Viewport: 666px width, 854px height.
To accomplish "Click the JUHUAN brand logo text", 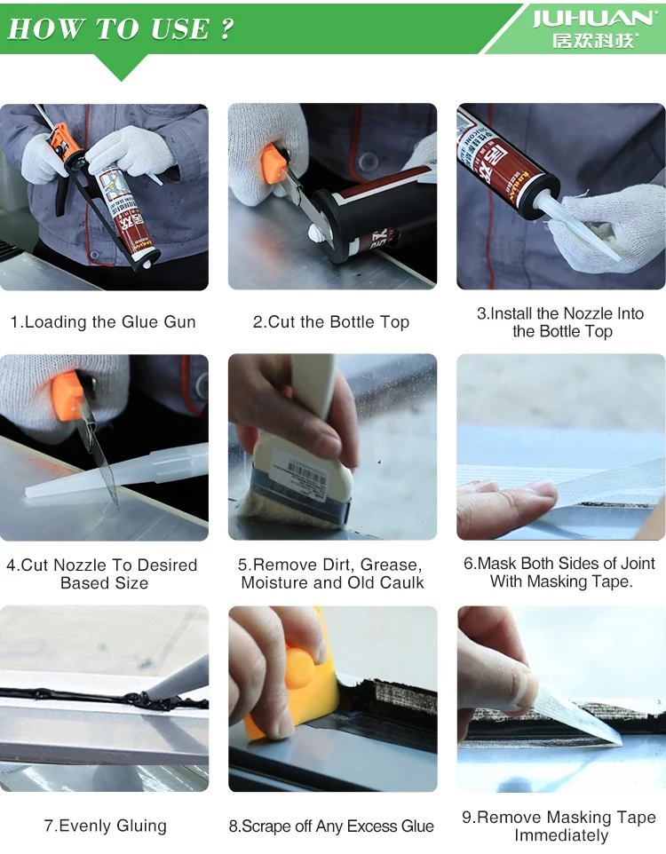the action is pos(593,19).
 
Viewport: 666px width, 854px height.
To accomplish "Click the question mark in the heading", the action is pos(227,28).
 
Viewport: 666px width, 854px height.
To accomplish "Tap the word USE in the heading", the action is pos(180,29).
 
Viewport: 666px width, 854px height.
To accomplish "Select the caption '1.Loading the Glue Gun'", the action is pos(103,322).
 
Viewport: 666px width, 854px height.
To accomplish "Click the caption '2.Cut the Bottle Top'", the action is pos(331,322).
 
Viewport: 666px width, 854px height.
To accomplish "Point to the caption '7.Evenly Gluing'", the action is pos(105,826).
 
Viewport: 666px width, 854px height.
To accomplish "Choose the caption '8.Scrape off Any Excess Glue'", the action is pos(331,826).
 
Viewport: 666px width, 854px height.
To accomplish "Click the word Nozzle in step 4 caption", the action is pos(80,565).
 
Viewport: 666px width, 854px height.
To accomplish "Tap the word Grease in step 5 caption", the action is pos(392,565).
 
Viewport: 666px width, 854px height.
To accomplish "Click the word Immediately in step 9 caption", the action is pos(561,835).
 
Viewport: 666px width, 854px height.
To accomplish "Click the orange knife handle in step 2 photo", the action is pos(274,162).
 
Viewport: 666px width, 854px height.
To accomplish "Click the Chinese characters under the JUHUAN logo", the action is pos(594,41).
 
